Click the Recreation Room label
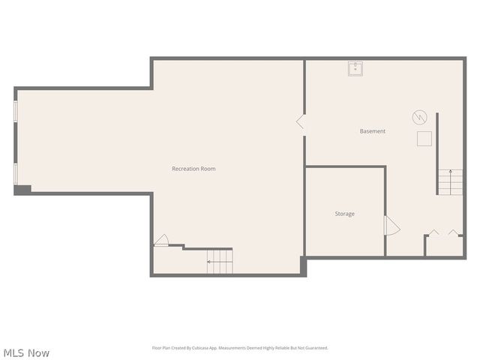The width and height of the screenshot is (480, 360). tap(193, 169)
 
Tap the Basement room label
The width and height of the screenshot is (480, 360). tap(372, 131)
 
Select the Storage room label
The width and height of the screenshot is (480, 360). tap(344, 214)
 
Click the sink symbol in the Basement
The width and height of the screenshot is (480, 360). tap(355, 69)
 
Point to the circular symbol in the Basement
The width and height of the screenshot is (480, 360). tap(419, 117)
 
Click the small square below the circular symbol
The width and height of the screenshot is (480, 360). tap(425, 139)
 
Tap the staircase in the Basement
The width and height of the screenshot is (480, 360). tap(451, 181)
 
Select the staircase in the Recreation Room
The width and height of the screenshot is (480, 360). tap(220, 261)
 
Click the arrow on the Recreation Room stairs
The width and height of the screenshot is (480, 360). tap(209, 262)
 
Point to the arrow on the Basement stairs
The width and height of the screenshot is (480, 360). tap(451, 174)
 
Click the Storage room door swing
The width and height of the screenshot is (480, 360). tap(392, 226)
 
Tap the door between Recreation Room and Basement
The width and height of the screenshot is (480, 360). tap(301, 121)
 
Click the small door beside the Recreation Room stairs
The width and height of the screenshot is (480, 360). tap(161, 241)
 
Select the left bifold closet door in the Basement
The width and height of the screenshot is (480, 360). tap(433, 232)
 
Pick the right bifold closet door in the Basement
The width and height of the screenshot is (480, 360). tap(454, 232)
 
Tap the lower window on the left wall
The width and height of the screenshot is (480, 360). tap(16, 172)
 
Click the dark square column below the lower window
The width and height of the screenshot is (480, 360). tap(22, 190)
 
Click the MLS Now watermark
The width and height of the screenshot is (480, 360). tap(26, 352)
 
